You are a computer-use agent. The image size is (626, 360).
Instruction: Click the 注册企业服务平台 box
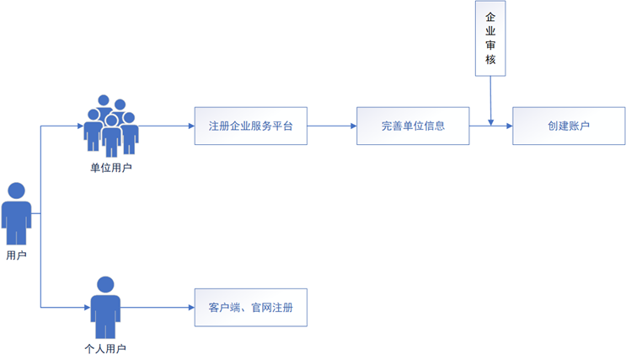coord(250,126)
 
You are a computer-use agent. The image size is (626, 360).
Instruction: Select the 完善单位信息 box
coord(412,126)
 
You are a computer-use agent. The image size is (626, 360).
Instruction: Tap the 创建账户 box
coord(569,126)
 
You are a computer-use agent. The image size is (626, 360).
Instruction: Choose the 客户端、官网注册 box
coord(250,308)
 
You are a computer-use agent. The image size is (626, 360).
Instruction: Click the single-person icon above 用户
coord(16,215)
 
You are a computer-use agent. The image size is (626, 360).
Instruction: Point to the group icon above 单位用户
coord(111,126)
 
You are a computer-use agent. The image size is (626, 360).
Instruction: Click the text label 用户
coord(16,255)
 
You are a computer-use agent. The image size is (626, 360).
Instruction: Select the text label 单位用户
coord(111,168)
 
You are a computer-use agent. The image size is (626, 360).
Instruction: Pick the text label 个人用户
coord(105,348)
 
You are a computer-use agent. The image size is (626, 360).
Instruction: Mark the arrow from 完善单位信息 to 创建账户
coord(490,126)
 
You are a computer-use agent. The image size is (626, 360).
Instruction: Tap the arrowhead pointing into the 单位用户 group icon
coord(78,126)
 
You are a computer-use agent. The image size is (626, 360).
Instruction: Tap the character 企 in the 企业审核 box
coord(490,19)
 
